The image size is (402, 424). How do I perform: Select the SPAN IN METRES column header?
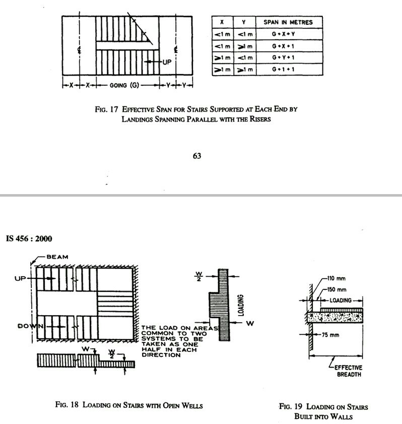click(x=288, y=23)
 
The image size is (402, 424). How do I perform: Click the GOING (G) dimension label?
click(x=124, y=86)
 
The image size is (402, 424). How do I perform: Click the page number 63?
click(x=197, y=156)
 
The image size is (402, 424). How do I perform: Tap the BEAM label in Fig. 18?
click(x=57, y=257)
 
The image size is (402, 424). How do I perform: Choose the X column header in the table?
click(x=222, y=23)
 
